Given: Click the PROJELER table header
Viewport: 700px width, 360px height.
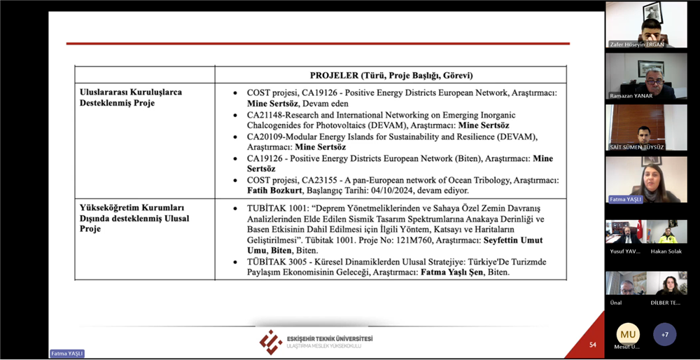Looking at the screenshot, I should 391,75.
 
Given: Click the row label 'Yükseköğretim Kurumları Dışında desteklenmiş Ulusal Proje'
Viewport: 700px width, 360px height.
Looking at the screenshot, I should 134,219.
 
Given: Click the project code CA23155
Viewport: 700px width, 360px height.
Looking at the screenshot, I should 323,180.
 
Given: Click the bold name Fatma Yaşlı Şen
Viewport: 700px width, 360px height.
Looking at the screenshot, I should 451,272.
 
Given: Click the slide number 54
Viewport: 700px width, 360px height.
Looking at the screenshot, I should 592,345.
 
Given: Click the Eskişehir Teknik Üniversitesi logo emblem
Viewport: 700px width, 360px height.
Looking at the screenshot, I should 271,342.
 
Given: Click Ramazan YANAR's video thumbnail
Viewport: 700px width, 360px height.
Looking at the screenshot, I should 646,76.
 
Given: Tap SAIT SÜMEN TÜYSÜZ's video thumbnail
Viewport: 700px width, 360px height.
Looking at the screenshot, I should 646,127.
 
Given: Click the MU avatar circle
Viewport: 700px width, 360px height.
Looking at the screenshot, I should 628,334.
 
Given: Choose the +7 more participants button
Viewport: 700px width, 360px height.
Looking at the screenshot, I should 664,334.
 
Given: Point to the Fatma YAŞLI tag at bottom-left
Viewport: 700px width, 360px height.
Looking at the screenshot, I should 67,354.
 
